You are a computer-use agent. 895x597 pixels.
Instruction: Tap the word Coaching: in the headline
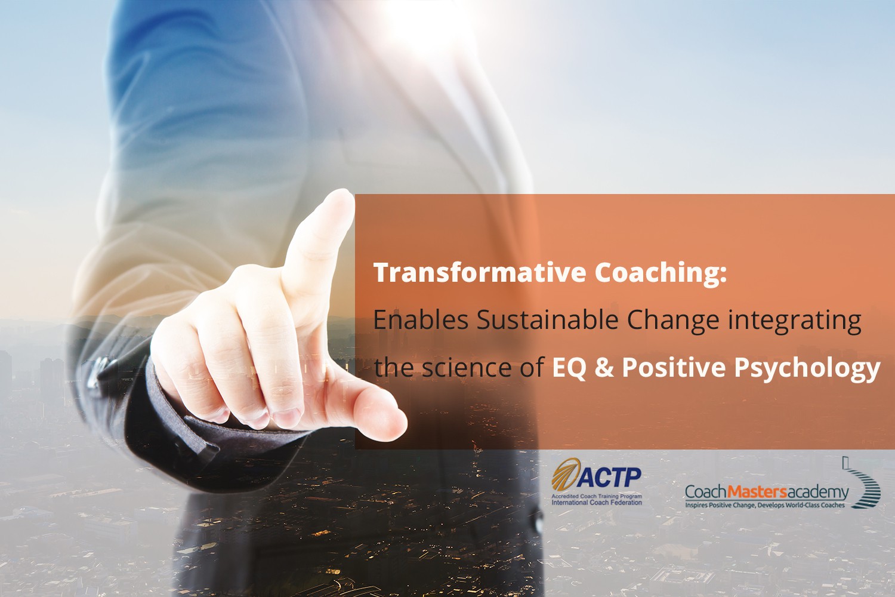pos(661,273)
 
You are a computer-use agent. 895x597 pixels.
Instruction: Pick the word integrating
pos(795,322)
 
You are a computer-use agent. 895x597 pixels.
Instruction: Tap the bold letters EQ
pos(569,368)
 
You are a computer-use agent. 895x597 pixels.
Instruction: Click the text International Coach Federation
pos(597,502)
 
